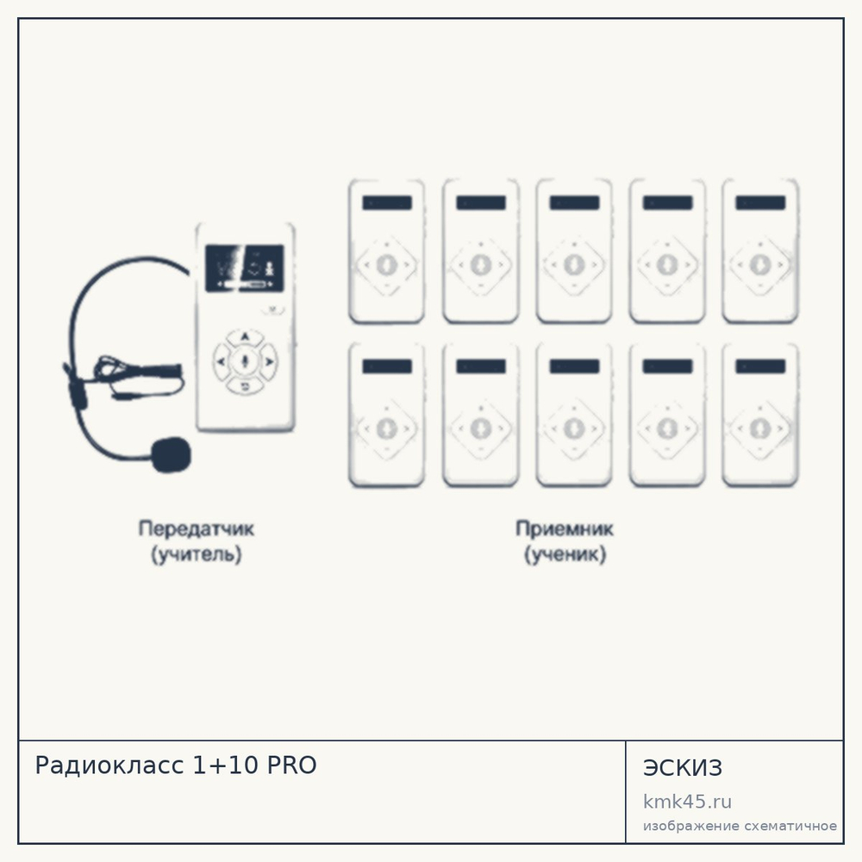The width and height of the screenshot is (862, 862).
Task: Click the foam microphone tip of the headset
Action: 172,454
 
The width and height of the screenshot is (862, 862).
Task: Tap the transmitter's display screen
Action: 245,268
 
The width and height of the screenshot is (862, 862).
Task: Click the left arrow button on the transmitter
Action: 221,361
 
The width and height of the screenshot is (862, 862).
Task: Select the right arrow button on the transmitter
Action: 269,361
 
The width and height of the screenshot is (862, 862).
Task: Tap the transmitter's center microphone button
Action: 245,361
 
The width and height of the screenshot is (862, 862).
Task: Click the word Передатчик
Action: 197,529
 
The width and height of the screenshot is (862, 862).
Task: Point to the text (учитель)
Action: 197,554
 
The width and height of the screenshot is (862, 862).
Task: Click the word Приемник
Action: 565,529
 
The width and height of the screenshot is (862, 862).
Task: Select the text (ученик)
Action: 565,554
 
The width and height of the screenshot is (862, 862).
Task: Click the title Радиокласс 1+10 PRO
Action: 176,765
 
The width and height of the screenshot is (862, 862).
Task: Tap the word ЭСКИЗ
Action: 682,768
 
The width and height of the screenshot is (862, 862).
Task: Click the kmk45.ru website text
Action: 687,802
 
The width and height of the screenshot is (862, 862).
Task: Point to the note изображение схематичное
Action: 740,827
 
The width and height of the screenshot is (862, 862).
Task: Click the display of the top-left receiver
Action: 387,203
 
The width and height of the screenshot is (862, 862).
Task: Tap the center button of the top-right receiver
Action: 760,265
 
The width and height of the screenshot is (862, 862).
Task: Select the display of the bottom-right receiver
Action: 760,366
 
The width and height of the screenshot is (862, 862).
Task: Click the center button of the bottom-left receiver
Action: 387,428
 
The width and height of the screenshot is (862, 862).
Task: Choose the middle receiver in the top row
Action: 574,251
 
